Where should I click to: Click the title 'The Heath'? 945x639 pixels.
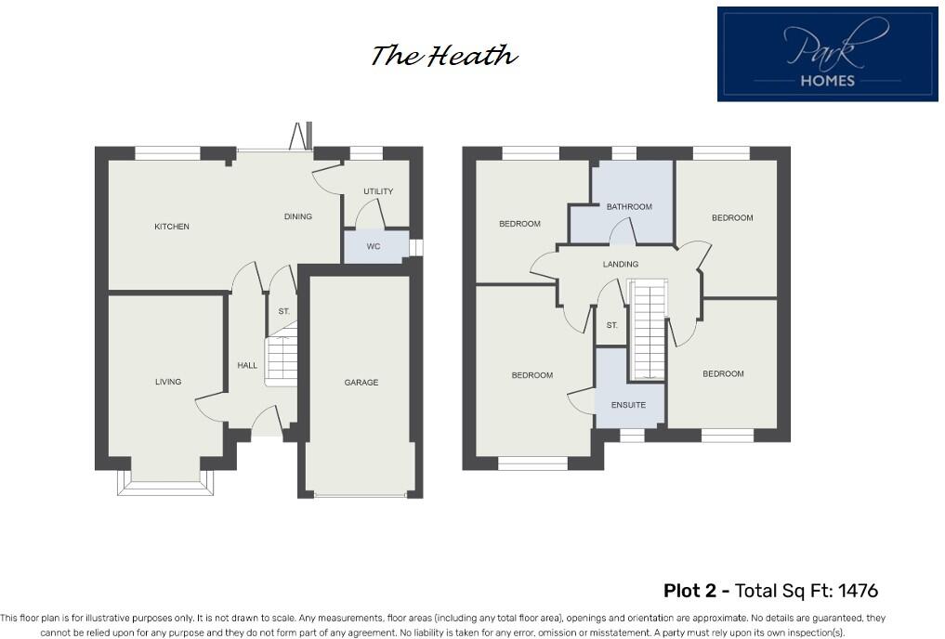coord(443,57)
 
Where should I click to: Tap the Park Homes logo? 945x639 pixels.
coord(827,54)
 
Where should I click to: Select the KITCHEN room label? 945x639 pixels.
coord(172,227)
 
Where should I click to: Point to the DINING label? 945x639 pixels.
coord(297,216)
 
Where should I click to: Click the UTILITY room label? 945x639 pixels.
coord(378,191)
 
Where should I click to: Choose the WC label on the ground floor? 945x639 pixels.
coord(374,247)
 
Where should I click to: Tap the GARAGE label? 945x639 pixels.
coord(361,383)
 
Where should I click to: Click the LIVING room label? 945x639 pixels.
coord(168,382)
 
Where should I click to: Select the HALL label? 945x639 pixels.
coord(247,366)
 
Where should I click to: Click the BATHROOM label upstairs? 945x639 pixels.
coord(629,207)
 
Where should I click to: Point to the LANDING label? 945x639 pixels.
coord(621,265)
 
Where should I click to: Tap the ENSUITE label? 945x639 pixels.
coord(628,405)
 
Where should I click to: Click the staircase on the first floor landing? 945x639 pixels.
coord(648,330)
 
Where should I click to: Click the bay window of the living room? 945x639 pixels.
coord(166,483)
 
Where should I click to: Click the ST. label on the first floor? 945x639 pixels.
coord(611,326)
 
